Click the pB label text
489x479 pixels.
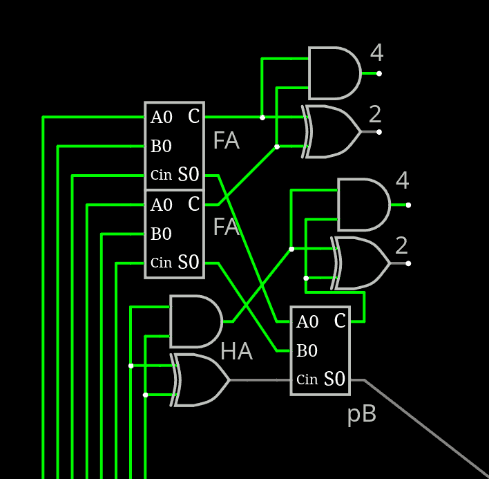click(x=361, y=415)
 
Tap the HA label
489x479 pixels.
click(x=236, y=352)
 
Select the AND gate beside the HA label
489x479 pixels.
click(x=195, y=321)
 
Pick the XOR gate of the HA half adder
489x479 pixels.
click(x=201, y=379)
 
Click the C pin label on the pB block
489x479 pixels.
click(x=340, y=321)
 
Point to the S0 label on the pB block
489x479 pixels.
click(x=334, y=379)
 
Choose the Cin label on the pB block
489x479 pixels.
click(x=307, y=379)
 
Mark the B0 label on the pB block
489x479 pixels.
click(x=307, y=351)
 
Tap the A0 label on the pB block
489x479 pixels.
click(x=307, y=322)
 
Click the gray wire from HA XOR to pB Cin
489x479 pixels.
click(x=260, y=380)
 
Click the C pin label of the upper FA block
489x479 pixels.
click(x=193, y=117)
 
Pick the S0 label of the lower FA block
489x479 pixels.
click(x=189, y=263)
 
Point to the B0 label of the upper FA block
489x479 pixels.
click(x=161, y=147)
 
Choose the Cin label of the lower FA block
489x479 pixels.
click(x=161, y=263)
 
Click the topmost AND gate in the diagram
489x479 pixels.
click(x=334, y=73)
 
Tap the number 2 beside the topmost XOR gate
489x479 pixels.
click(x=375, y=114)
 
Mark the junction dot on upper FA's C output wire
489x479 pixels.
click(x=262, y=118)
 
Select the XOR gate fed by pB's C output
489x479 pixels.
click(x=360, y=263)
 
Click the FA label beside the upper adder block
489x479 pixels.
click(x=226, y=141)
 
